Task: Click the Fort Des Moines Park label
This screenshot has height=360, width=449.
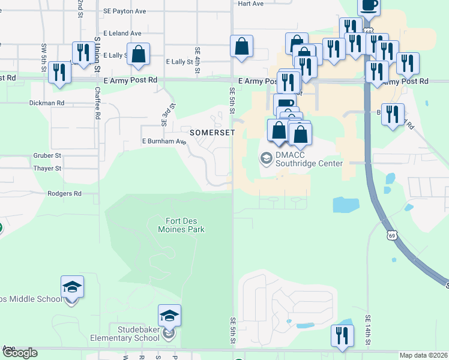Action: [181, 225]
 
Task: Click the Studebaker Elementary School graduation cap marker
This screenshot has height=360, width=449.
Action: [169, 316]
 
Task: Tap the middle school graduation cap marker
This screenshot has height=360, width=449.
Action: [72, 287]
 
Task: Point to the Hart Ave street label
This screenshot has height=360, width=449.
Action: [250, 4]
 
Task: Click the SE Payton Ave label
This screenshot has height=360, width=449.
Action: [125, 11]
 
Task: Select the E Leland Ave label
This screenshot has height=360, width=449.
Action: [122, 34]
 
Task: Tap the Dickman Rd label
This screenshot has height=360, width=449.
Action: [47, 103]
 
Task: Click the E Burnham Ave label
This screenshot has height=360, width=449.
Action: [164, 142]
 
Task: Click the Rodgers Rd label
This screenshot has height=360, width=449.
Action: [64, 194]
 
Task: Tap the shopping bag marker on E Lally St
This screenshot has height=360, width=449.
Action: [138, 54]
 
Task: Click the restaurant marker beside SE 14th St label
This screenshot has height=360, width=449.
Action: [342, 335]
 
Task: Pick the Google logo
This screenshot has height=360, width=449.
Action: [19, 353]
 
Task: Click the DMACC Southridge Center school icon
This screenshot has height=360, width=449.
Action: [265, 158]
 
